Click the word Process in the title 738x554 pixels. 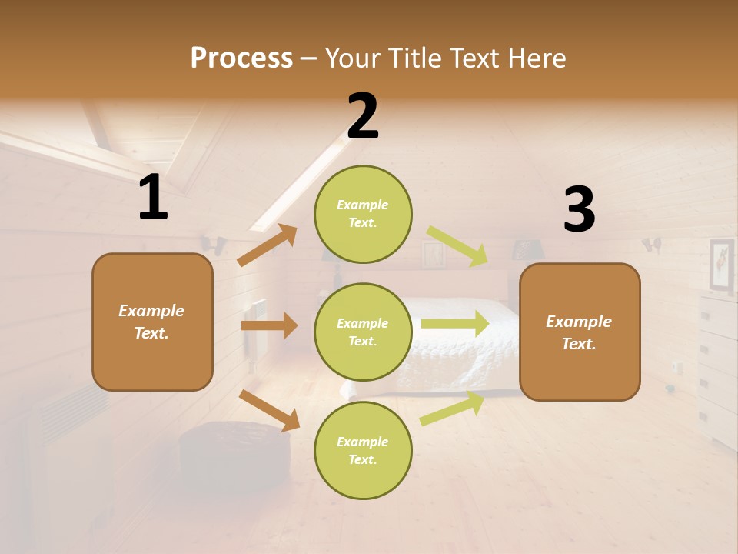point(241,58)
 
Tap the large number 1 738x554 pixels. point(153,198)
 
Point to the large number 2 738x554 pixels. point(363,116)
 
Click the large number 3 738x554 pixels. point(579,210)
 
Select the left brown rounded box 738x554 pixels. point(152,322)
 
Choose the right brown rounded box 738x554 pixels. point(580,332)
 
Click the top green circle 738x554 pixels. point(363,214)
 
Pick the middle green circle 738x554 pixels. point(363,332)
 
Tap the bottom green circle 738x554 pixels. point(363,450)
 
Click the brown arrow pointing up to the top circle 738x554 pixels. point(268,245)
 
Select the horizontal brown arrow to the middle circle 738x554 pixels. point(269,325)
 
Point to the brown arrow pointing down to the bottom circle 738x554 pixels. point(269,410)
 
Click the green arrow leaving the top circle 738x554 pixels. point(457,246)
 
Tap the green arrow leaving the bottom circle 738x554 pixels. point(452,409)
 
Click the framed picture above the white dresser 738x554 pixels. point(721,265)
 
